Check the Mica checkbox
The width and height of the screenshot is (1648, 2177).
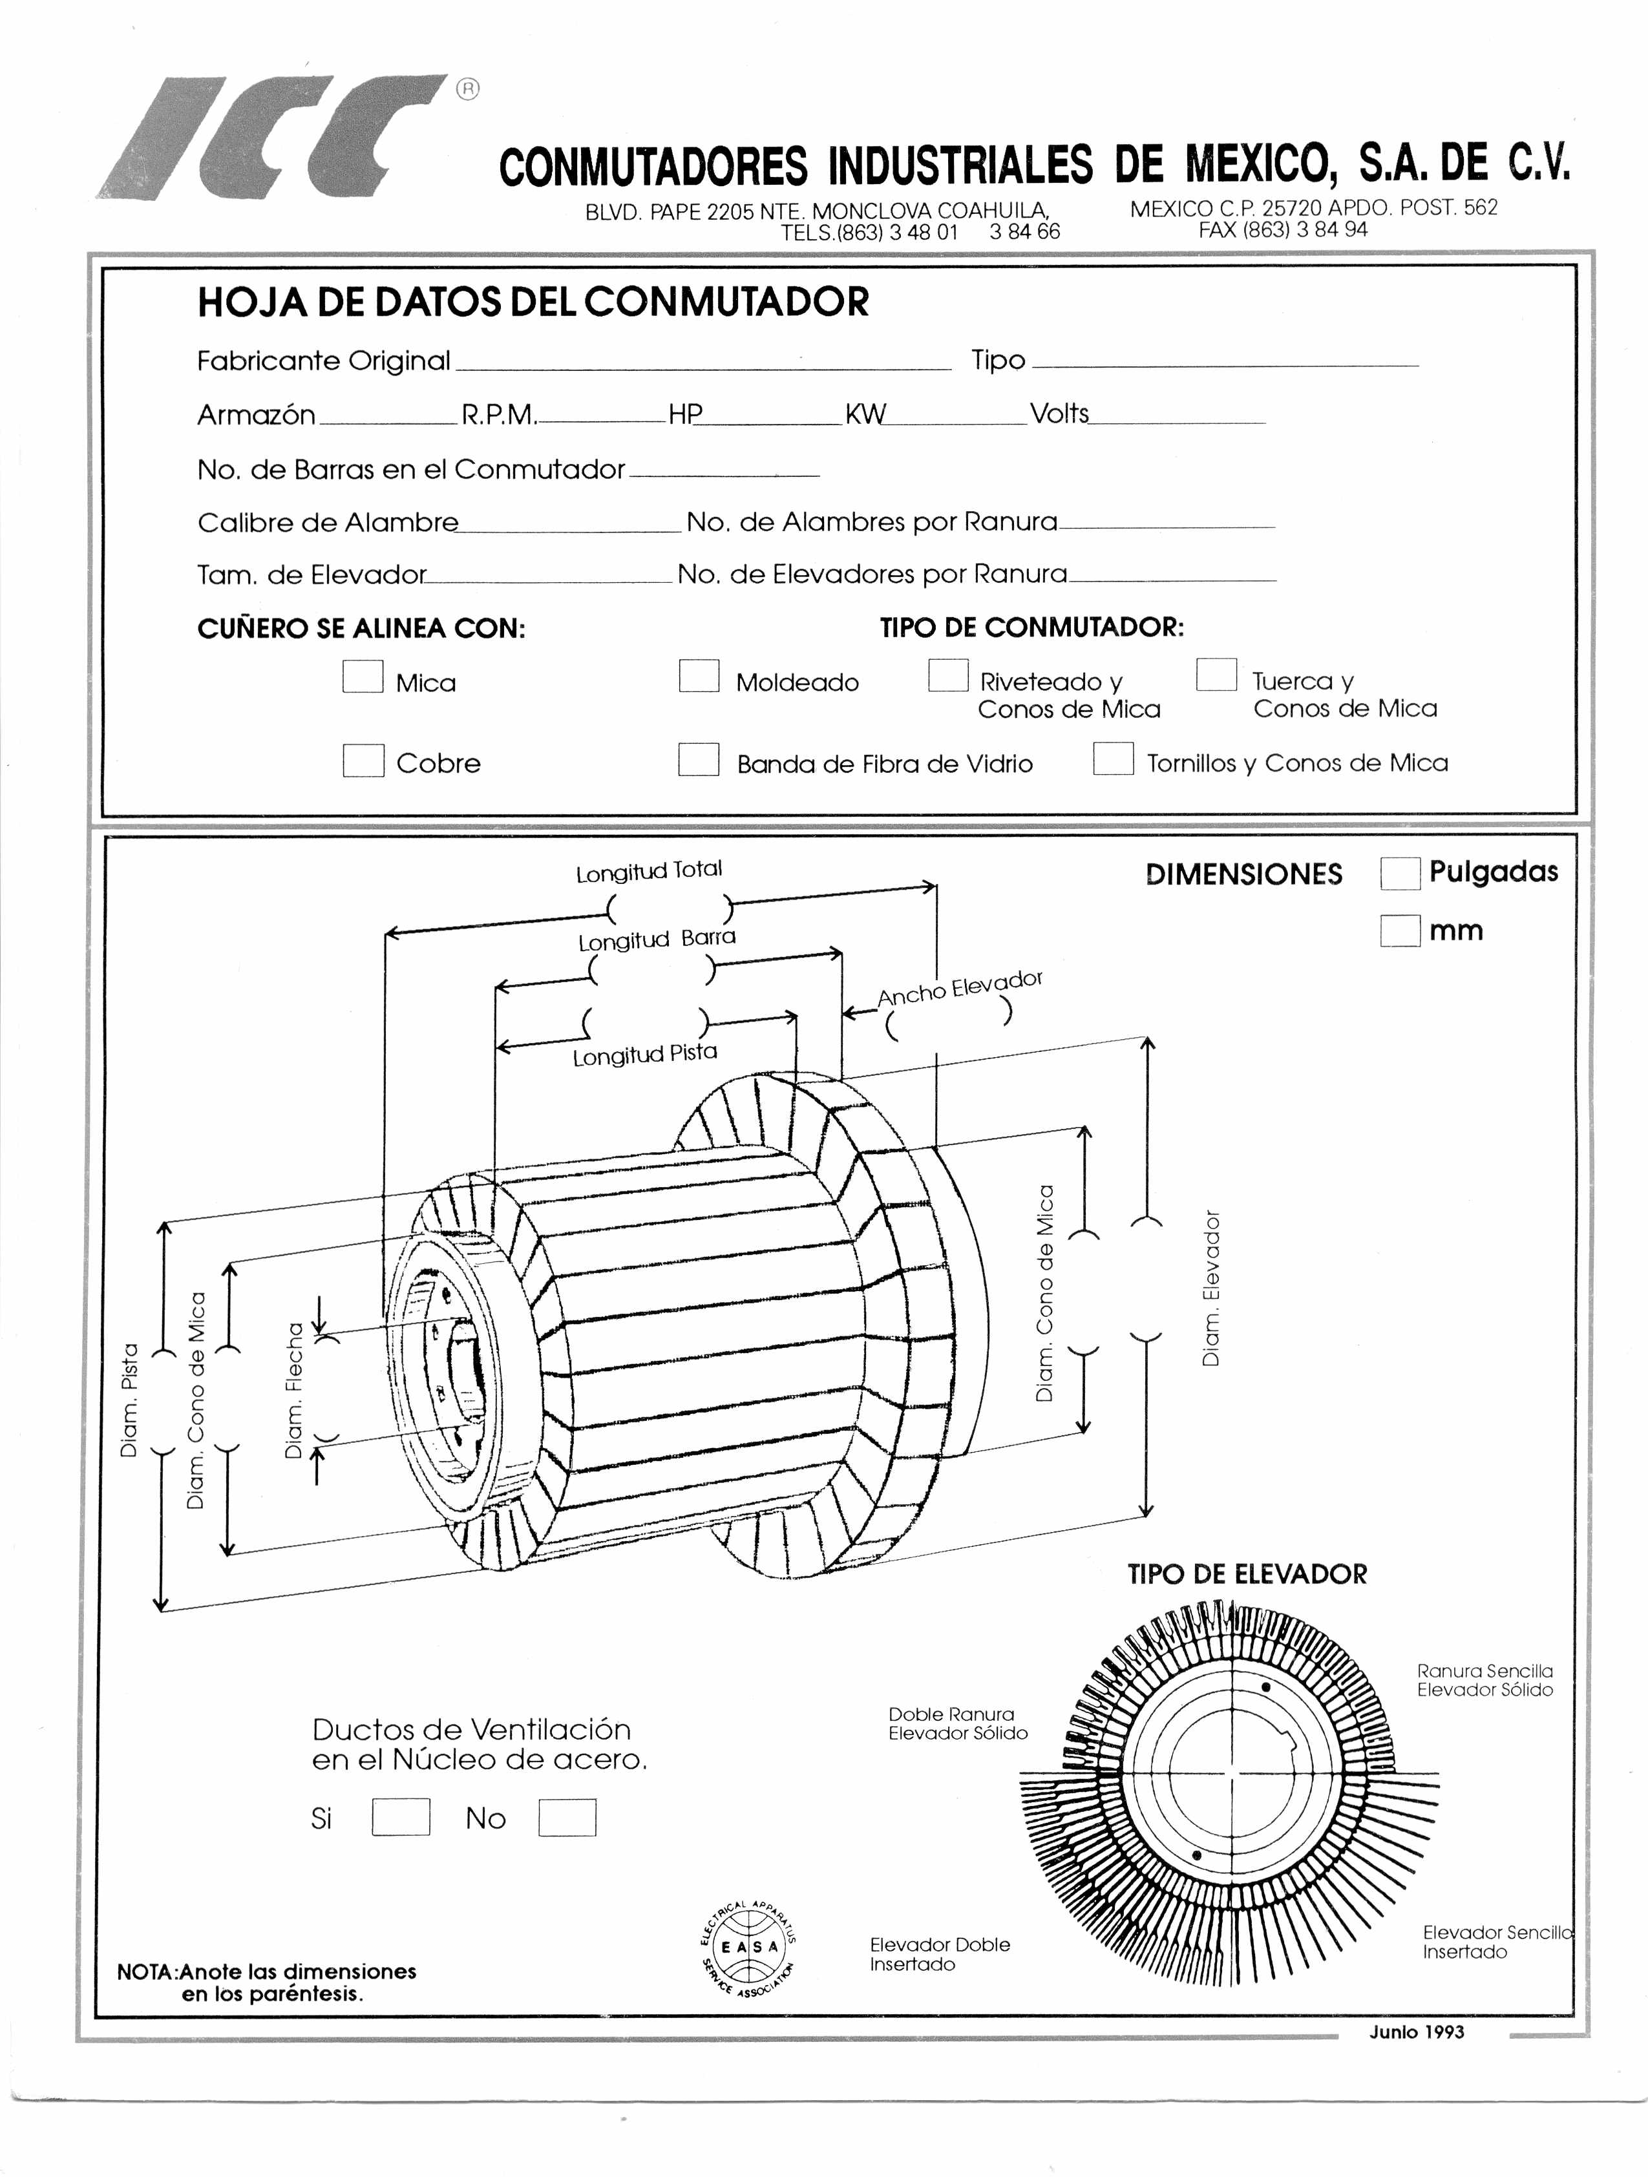pos(363,676)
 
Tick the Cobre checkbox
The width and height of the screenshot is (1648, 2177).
pos(363,760)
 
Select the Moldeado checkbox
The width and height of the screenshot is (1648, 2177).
pos(699,676)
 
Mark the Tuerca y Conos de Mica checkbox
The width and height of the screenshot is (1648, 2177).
pos(1216,674)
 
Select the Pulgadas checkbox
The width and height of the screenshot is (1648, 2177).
pos(1400,873)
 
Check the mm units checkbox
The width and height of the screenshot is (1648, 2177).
pos(1400,930)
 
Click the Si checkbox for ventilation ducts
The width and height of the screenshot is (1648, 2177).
pos(401,1817)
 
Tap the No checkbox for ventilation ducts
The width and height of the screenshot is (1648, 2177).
pos(567,1817)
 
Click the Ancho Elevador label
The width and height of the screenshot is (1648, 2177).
pos(959,988)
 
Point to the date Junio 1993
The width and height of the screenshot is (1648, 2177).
pos(1417,2032)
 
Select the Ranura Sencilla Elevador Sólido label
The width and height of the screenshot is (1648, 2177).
pos(1484,1680)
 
